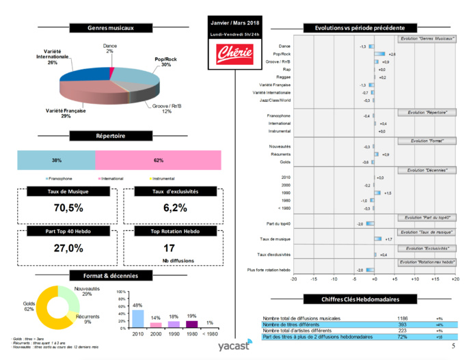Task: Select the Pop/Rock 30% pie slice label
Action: [162, 62]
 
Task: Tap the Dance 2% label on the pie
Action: [109, 48]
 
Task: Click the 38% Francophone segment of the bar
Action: [56, 161]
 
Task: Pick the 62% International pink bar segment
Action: [159, 161]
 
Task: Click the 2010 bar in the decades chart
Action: [137, 319]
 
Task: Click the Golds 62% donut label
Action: [30, 306]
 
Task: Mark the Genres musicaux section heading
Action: [111, 28]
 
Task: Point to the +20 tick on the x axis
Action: [455, 279]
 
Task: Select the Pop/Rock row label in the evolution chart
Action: [282, 53]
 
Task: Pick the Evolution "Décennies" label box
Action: [427, 169]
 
